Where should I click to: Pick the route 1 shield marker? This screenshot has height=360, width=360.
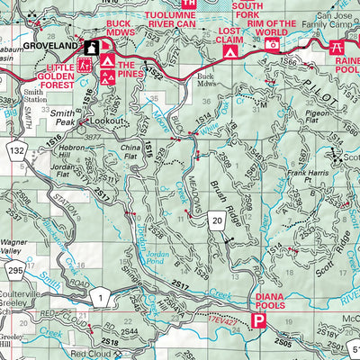(x=104, y=296)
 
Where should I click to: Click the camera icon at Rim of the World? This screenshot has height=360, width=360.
(x=272, y=43)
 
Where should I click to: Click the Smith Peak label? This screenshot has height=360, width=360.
(x=63, y=114)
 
